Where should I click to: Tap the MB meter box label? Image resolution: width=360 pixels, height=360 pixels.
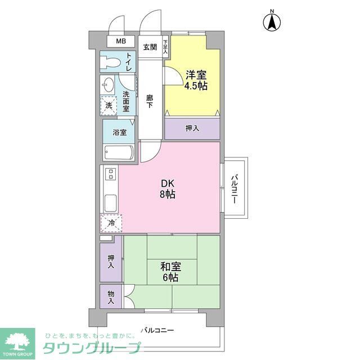[x=121, y=42]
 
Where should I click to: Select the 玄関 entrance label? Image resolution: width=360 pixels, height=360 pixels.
[x=150, y=47]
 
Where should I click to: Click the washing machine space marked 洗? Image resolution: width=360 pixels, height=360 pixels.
[x=109, y=105]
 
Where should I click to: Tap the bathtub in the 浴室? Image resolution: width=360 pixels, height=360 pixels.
[x=118, y=152]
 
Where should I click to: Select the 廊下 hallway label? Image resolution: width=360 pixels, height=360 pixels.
[x=150, y=101]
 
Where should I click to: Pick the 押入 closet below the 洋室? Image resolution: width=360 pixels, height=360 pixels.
[x=192, y=128]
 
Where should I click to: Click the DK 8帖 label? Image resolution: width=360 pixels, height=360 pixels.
[x=168, y=189]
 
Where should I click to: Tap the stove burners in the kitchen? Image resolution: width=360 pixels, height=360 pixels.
[x=111, y=174]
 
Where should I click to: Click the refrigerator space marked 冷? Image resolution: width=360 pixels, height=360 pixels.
[x=111, y=223]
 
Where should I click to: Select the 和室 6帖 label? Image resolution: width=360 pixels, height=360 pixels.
[x=170, y=272]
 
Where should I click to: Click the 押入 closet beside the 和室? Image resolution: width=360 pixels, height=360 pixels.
[x=111, y=262]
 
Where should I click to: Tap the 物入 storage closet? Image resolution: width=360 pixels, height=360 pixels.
[x=111, y=297]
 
